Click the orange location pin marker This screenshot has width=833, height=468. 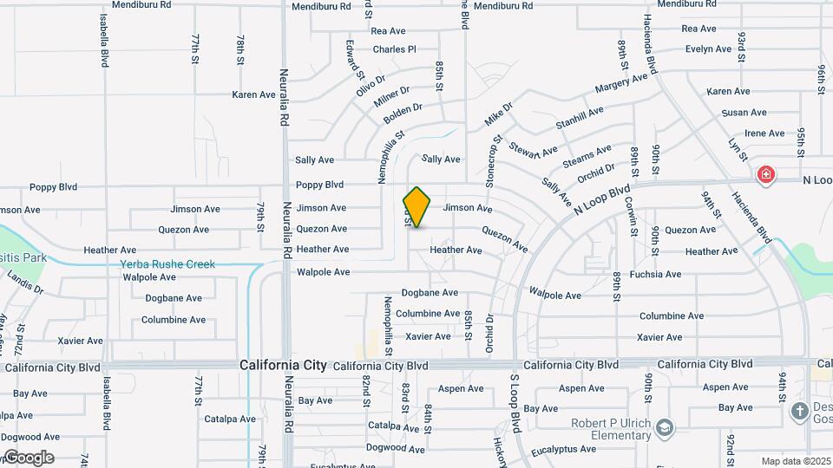click(x=416, y=206)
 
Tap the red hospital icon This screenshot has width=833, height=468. click(x=766, y=175)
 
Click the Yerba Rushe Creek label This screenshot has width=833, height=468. click(x=167, y=264)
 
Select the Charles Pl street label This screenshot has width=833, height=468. click(x=395, y=49)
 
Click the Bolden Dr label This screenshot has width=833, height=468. click(x=403, y=111)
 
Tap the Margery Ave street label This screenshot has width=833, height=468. click(x=621, y=83)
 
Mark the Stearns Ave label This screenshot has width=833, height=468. click(x=587, y=155)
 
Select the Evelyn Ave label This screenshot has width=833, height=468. click(x=708, y=49)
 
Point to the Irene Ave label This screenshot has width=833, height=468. click(x=764, y=133)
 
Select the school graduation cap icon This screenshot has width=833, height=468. click(x=665, y=427)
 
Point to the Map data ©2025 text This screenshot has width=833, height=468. click(x=795, y=461)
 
